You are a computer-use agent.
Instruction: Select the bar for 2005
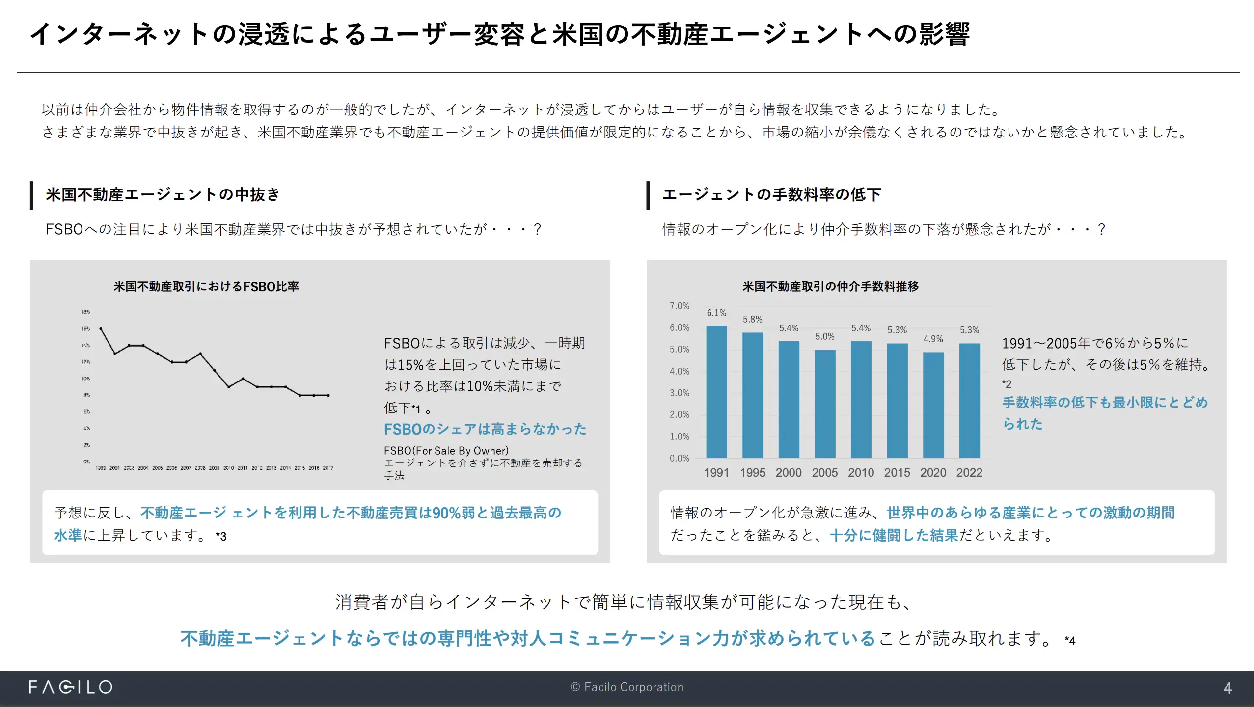825,404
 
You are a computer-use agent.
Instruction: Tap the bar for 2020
933,405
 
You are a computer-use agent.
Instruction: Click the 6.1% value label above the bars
716,313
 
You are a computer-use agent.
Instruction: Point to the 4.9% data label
933,339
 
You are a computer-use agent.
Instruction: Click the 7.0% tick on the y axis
680,306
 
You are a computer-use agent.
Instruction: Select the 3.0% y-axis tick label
680,393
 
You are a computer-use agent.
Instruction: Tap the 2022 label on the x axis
969,472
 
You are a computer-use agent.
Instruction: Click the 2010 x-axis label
861,472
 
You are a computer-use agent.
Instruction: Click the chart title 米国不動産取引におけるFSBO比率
206,286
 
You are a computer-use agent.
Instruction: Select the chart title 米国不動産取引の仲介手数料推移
830,286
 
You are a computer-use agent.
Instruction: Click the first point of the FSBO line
101,328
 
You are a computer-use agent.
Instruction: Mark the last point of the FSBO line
328,395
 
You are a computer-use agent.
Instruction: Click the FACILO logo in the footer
71,687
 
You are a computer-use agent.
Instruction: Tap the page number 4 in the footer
1227,688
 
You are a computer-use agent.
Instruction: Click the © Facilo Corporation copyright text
627,687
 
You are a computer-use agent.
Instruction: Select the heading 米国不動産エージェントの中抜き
163,195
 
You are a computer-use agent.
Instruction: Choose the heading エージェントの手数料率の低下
771,195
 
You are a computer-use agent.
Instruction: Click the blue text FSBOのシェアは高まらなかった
485,429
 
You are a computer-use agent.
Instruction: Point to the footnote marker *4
1070,641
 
